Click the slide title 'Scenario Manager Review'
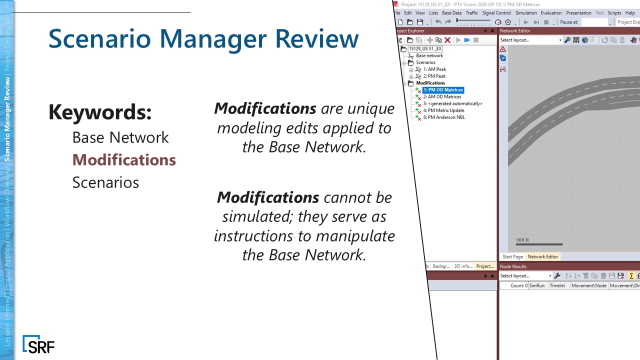(x=203, y=39)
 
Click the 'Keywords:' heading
(x=100, y=112)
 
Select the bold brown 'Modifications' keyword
(x=124, y=160)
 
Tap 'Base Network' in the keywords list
(x=120, y=137)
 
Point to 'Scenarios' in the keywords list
(x=105, y=182)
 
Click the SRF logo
(x=38, y=344)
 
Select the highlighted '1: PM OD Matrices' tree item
(x=443, y=90)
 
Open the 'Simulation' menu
(x=526, y=13)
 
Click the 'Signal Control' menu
(x=496, y=13)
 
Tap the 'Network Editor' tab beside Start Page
(x=542, y=256)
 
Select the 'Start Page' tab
(x=512, y=256)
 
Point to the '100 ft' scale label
(x=522, y=240)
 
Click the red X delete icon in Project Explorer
(x=447, y=40)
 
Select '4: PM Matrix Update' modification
(x=443, y=110)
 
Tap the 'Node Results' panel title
(x=513, y=266)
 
